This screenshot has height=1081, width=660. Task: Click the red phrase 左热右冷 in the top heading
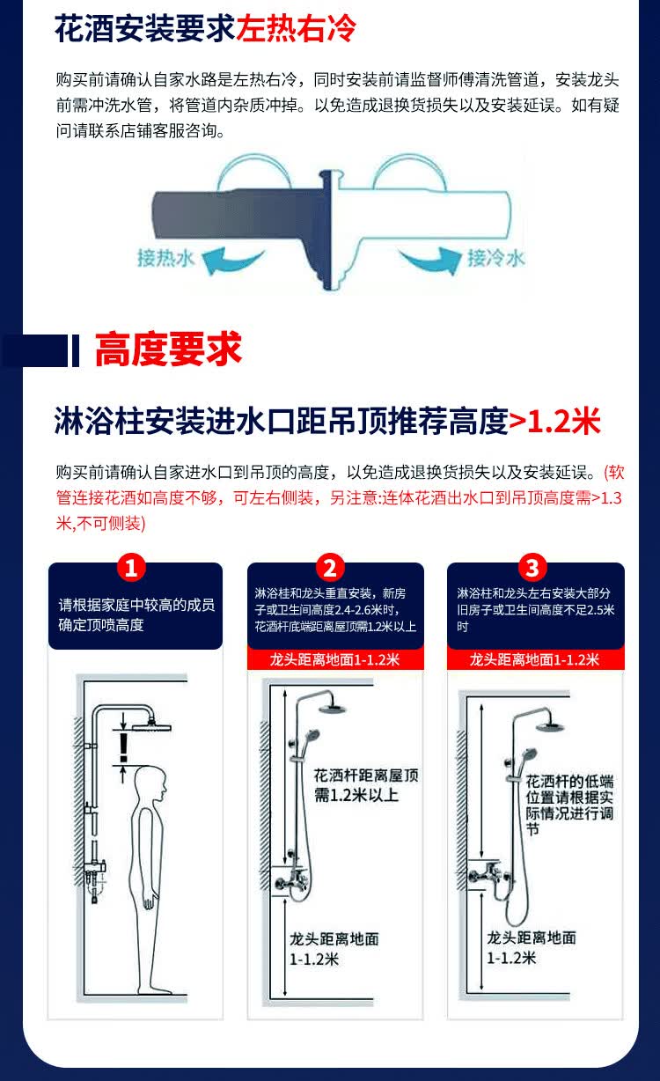pos(296,28)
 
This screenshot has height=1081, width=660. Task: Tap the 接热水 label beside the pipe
pos(165,258)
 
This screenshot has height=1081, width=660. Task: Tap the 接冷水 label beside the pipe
pos(495,258)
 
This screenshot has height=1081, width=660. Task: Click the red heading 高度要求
pos(168,349)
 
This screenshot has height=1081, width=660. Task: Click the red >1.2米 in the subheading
pos(554,421)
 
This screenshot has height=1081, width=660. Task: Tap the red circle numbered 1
pos(131,568)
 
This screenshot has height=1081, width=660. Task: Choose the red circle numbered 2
pos(331,568)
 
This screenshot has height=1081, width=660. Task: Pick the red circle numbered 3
pos(532,568)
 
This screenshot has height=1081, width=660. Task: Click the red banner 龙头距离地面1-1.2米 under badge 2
pos(335,659)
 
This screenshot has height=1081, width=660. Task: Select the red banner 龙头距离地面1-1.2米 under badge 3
pos(536,659)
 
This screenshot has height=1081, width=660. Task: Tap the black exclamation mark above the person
pos(123,747)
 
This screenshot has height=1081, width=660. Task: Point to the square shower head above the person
pos(151,726)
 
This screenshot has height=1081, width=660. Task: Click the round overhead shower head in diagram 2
pos(333,708)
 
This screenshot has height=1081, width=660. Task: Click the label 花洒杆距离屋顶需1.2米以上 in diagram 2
pos(366,785)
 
